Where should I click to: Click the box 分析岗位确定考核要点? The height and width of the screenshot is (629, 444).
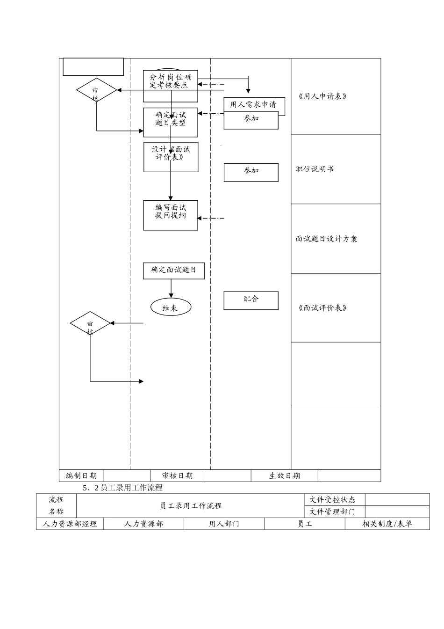[x=171, y=81]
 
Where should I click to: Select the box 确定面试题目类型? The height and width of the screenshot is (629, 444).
[x=171, y=119]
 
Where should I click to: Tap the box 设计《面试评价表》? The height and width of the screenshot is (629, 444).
[x=171, y=154]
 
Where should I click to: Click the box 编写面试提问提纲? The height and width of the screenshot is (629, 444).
[x=171, y=212]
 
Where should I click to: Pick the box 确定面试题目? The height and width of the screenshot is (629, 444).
[x=174, y=270]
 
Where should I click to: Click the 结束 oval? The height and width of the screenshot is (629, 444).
[x=171, y=307]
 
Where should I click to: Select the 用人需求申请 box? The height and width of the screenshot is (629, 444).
[x=254, y=104]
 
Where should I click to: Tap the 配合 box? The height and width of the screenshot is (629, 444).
[x=251, y=300]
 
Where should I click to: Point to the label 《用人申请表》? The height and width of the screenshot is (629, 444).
[x=322, y=96]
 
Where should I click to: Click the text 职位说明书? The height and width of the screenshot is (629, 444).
[x=315, y=169]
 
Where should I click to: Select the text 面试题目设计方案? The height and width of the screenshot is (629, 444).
[x=326, y=239]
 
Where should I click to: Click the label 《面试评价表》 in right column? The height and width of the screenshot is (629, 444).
[x=322, y=308]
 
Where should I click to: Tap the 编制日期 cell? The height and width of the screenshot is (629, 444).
[x=81, y=476]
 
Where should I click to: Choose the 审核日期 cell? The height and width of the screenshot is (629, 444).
[x=177, y=476]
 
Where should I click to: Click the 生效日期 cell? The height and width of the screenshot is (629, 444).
[x=285, y=476]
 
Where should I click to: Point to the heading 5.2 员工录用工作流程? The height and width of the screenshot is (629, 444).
[x=122, y=488]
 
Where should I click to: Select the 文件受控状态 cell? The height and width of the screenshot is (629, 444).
[x=332, y=500]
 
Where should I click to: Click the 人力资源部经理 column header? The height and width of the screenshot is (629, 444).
[x=70, y=524]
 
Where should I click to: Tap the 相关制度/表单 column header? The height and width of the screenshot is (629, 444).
[x=387, y=524]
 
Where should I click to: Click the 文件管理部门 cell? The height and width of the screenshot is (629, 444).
[x=332, y=512]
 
